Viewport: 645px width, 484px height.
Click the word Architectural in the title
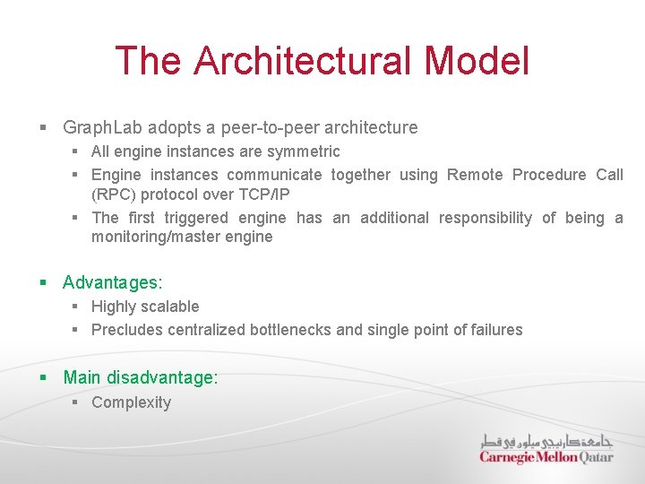pos(303,61)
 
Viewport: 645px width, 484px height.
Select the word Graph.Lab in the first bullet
pos(103,127)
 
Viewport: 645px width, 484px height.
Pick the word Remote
pos(475,175)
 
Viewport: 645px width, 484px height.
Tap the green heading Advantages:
pos(113,282)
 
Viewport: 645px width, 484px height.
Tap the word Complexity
pos(131,402)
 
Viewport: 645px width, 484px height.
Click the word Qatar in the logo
pos(596,457)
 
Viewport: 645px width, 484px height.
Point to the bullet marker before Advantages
pos(43,282)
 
